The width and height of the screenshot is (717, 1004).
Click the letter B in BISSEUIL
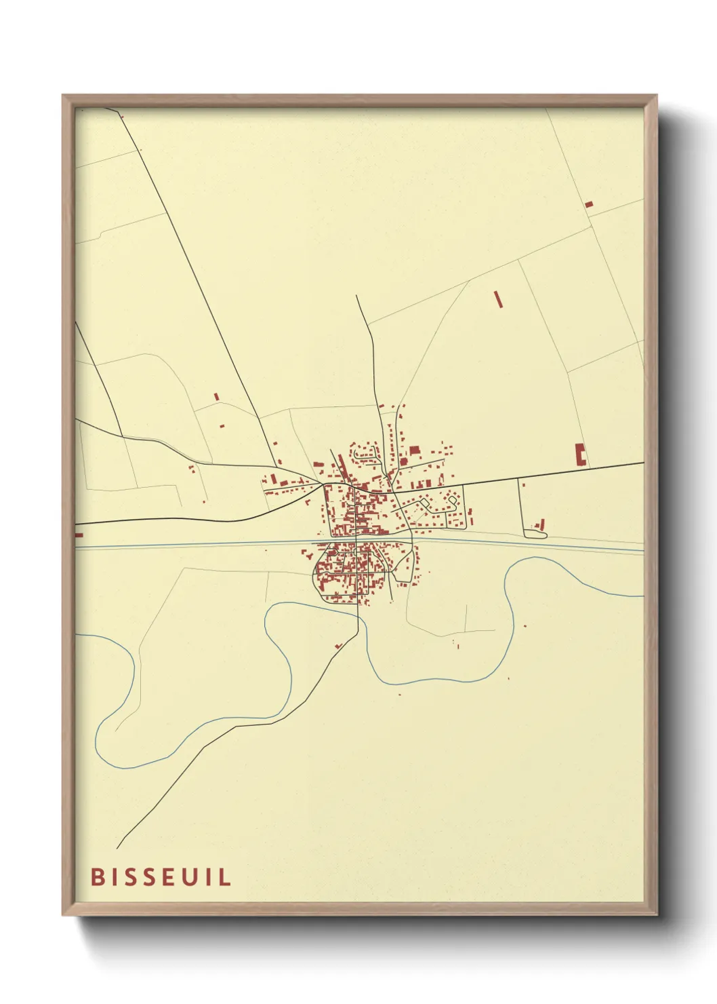97,876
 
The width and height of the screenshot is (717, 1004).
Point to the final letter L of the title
224,876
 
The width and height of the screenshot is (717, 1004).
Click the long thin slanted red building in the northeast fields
499,299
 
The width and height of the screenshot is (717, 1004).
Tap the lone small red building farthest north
588,204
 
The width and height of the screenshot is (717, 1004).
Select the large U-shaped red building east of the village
580,454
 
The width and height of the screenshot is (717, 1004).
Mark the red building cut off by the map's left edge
79,535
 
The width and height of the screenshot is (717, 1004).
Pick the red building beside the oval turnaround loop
541,524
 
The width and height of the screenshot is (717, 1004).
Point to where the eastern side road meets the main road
518,478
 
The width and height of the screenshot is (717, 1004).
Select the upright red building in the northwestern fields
217,397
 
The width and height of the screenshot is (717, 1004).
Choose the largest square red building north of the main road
414,450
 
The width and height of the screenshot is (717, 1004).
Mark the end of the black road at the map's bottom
117,848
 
